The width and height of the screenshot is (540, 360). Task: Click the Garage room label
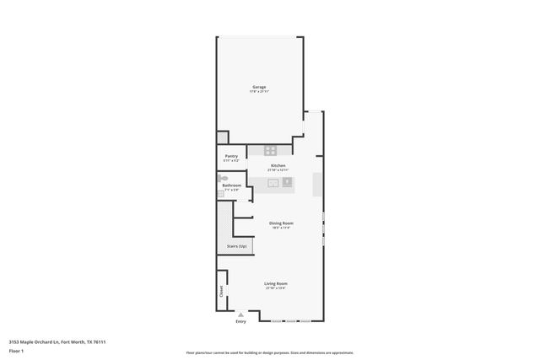pyautogui.click(x=259, y=87)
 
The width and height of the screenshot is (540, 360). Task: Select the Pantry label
pyautogui.click(x=231, y=155)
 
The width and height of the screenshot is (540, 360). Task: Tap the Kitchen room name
pyautogui.click(x=278, y=165)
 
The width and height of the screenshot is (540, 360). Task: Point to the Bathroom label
pyautogui.click(x=232, y=185)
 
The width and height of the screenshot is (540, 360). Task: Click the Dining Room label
pyautogui.click(x=280, y=223)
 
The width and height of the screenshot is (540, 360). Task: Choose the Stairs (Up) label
pyautogui.click(x=237, y=246)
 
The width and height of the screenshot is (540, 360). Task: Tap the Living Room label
pyautogui.click(x=276, y=283)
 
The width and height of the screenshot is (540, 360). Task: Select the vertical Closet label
pyautogui.click(x=222, y=292)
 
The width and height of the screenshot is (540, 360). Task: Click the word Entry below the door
pyautogui.click(x=241, y=321)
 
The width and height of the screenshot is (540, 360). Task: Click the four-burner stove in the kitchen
pyautogui.click(x=270, y=150)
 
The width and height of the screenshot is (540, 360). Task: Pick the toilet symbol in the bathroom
pyautogui.click(x=222, y=180)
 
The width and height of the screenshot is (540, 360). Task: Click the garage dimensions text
pyautogui.click(x=259, y=92)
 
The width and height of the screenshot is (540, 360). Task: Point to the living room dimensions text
pyautogui.click(x=276, y=288)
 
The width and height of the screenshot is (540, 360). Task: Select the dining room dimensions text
pyautogui.click(x=280, y=228)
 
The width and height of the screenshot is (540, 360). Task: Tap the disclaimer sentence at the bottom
pyautogui.click(x=270, y=353)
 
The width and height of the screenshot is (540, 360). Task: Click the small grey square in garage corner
pyautogui.click(x=222, y=137)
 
